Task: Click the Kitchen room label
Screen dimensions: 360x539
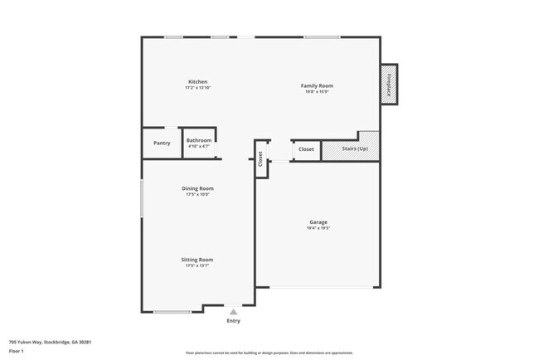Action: point(197,81)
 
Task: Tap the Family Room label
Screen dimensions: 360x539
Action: point(317,85)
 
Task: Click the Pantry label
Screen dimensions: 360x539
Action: point(162,143)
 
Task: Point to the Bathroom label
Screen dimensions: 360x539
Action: point(199,140)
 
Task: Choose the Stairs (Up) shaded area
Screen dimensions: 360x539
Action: point(350,148)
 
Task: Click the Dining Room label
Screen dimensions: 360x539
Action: point(197,188)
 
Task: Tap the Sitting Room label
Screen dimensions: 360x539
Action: point(197,260)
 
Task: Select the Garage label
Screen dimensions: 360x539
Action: point(318,221)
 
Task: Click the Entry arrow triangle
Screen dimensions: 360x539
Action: point(234,312)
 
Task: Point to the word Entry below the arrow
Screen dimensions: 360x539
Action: point(234,321)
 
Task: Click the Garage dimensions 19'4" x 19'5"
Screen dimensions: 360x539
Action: point(318,228)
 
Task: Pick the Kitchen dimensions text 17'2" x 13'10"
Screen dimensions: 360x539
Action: point(197,88)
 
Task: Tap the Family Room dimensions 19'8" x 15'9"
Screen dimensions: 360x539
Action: point(317,91)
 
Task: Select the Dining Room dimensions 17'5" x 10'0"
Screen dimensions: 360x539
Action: point(197,195)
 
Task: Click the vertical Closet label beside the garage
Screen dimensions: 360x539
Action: point(260,158)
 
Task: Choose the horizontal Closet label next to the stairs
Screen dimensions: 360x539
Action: point(306,149)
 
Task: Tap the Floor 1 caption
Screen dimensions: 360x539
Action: point(17,351)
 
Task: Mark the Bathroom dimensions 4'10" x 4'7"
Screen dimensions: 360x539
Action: point(199,147)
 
